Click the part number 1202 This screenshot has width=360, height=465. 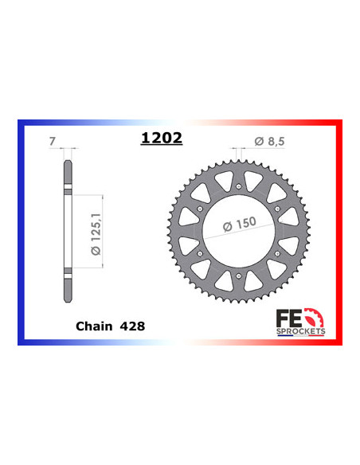coord(161,138)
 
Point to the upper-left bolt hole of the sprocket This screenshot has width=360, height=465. coord(202,209)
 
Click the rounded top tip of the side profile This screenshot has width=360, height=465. coord(66,164)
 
